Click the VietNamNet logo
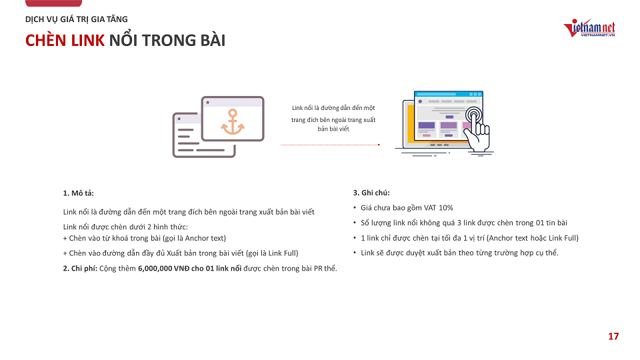click(x=589, y=28)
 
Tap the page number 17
click(x=613, y=336)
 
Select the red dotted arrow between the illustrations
click(x=330, y=145)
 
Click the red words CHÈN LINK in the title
click(x=65, y=41)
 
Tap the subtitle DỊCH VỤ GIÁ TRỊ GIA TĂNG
click(x=76, y=19)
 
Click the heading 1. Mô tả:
click(x=79, y=193)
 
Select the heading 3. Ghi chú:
click(x=371, y=193)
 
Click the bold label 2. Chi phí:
click(x=80, y=269)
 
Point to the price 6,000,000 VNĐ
click(x=164, y=269)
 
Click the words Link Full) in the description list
click(x=283, y=253)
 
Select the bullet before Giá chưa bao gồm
click(x=355, y=208)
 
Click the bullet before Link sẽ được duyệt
click(x=355, y=253)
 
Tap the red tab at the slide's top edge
click(x=53, y=3)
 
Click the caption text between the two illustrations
click(x=333, y=119)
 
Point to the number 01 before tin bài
click(x=540, y=223)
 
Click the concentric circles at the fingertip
click(x=473, y=115)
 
